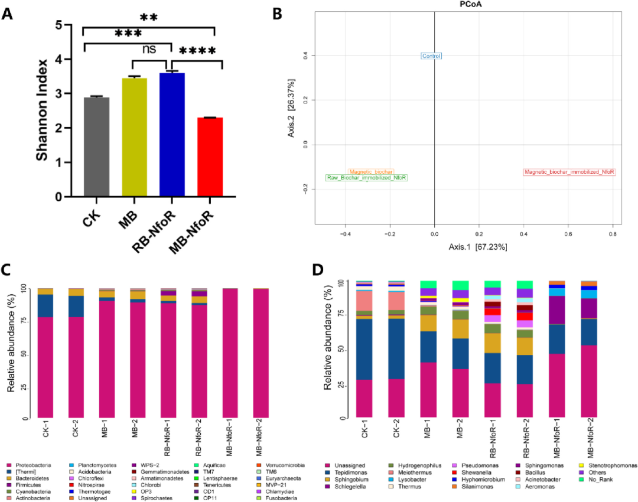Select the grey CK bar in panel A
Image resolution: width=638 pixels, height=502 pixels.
point(97,147)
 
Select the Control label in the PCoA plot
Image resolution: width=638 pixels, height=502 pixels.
point(431,56)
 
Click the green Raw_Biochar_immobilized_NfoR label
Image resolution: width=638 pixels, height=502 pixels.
point(366,178)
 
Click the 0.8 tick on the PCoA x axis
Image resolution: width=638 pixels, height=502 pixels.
point(612,234)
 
